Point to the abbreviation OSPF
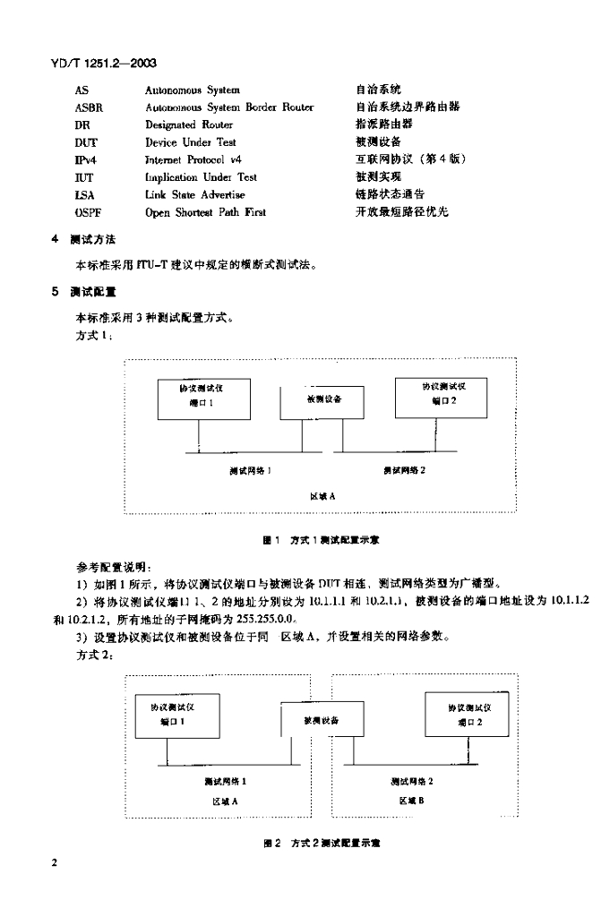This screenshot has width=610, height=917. [x=89, y=212]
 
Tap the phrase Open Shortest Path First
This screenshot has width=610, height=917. [x=205, y=212]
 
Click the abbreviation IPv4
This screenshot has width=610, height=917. [x=86, y=159]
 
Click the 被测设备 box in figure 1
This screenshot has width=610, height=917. [x=322, y=399]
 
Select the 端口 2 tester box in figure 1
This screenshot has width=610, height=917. [x=442, y=396]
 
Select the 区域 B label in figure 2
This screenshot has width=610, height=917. [x=411, y=801]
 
